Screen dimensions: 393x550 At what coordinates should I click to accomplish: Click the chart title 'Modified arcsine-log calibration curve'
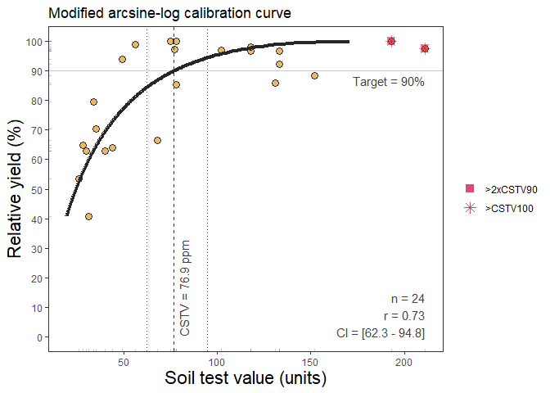(x=169, y=14)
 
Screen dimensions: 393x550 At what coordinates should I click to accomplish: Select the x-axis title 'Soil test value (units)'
(x=246, y=378)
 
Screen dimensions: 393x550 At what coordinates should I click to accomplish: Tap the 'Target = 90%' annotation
(x=388, y=82)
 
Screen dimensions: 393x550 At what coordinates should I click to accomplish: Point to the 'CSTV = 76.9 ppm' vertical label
(x=185, y=288)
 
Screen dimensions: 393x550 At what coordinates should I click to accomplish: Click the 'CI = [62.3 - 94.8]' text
(x=380, y=332)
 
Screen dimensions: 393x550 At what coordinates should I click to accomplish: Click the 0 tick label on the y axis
(x=37, y=337)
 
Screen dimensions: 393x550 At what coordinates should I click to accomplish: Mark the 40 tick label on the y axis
(x=34, y=219)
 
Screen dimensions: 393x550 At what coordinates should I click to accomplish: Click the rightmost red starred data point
(x=425, y=48)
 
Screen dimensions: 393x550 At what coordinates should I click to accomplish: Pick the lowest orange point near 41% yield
(x=88, y=217)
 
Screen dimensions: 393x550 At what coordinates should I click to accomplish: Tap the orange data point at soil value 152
(x=314, y=76)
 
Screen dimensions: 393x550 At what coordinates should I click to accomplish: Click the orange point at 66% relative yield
(x=157, y=140)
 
